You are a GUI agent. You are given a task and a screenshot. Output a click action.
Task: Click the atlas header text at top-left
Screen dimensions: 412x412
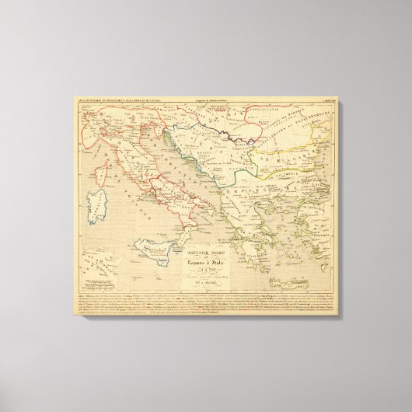coord(117,101)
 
